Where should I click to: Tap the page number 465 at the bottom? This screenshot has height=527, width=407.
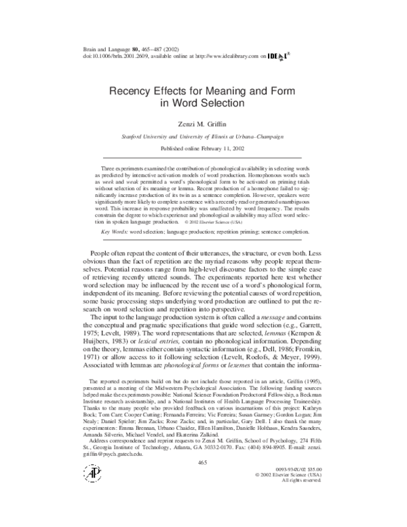pyautogui.click(x=201, y=481)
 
